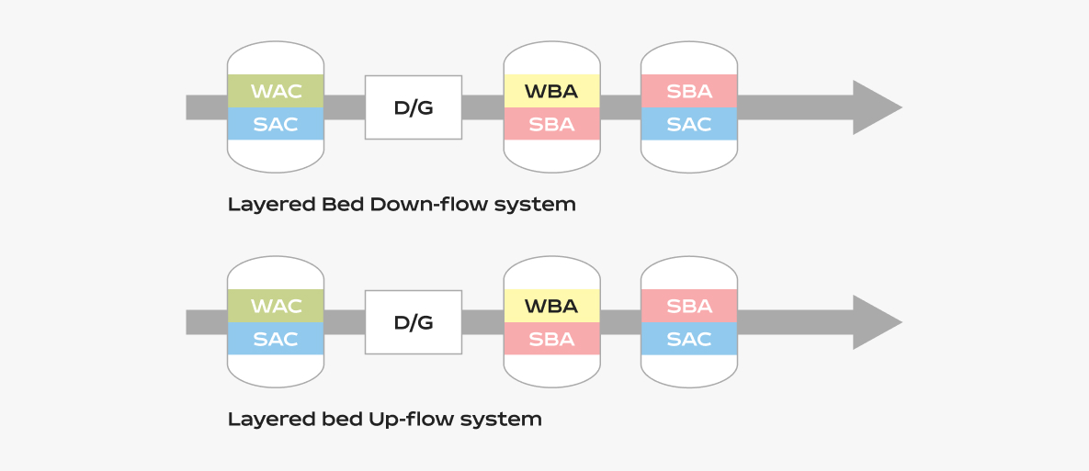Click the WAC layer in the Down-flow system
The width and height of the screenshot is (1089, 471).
276,91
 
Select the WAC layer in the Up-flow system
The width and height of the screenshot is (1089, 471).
276,306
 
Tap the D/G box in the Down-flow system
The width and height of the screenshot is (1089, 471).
414,107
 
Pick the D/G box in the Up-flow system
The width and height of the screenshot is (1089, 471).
414,322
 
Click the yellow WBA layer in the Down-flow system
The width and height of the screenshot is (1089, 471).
552,91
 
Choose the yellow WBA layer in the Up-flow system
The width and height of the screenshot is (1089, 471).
552,306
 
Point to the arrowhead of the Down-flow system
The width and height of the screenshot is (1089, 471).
877,107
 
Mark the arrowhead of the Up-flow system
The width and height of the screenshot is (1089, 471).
877,322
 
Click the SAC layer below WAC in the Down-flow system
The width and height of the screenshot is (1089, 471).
276,123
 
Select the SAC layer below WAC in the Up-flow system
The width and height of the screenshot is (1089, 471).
276,339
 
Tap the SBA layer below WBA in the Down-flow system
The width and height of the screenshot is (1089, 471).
552,123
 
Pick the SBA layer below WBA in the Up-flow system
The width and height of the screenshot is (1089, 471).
552,339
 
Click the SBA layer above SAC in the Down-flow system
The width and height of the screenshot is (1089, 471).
689,91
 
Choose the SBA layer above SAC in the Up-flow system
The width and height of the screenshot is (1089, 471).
689,306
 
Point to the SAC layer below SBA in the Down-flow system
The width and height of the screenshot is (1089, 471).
689,123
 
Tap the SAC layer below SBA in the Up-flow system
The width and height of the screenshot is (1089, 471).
689,339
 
